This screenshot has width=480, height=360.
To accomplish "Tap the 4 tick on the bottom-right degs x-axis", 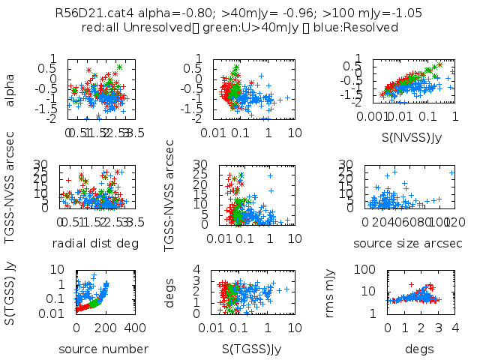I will coord(455,328).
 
